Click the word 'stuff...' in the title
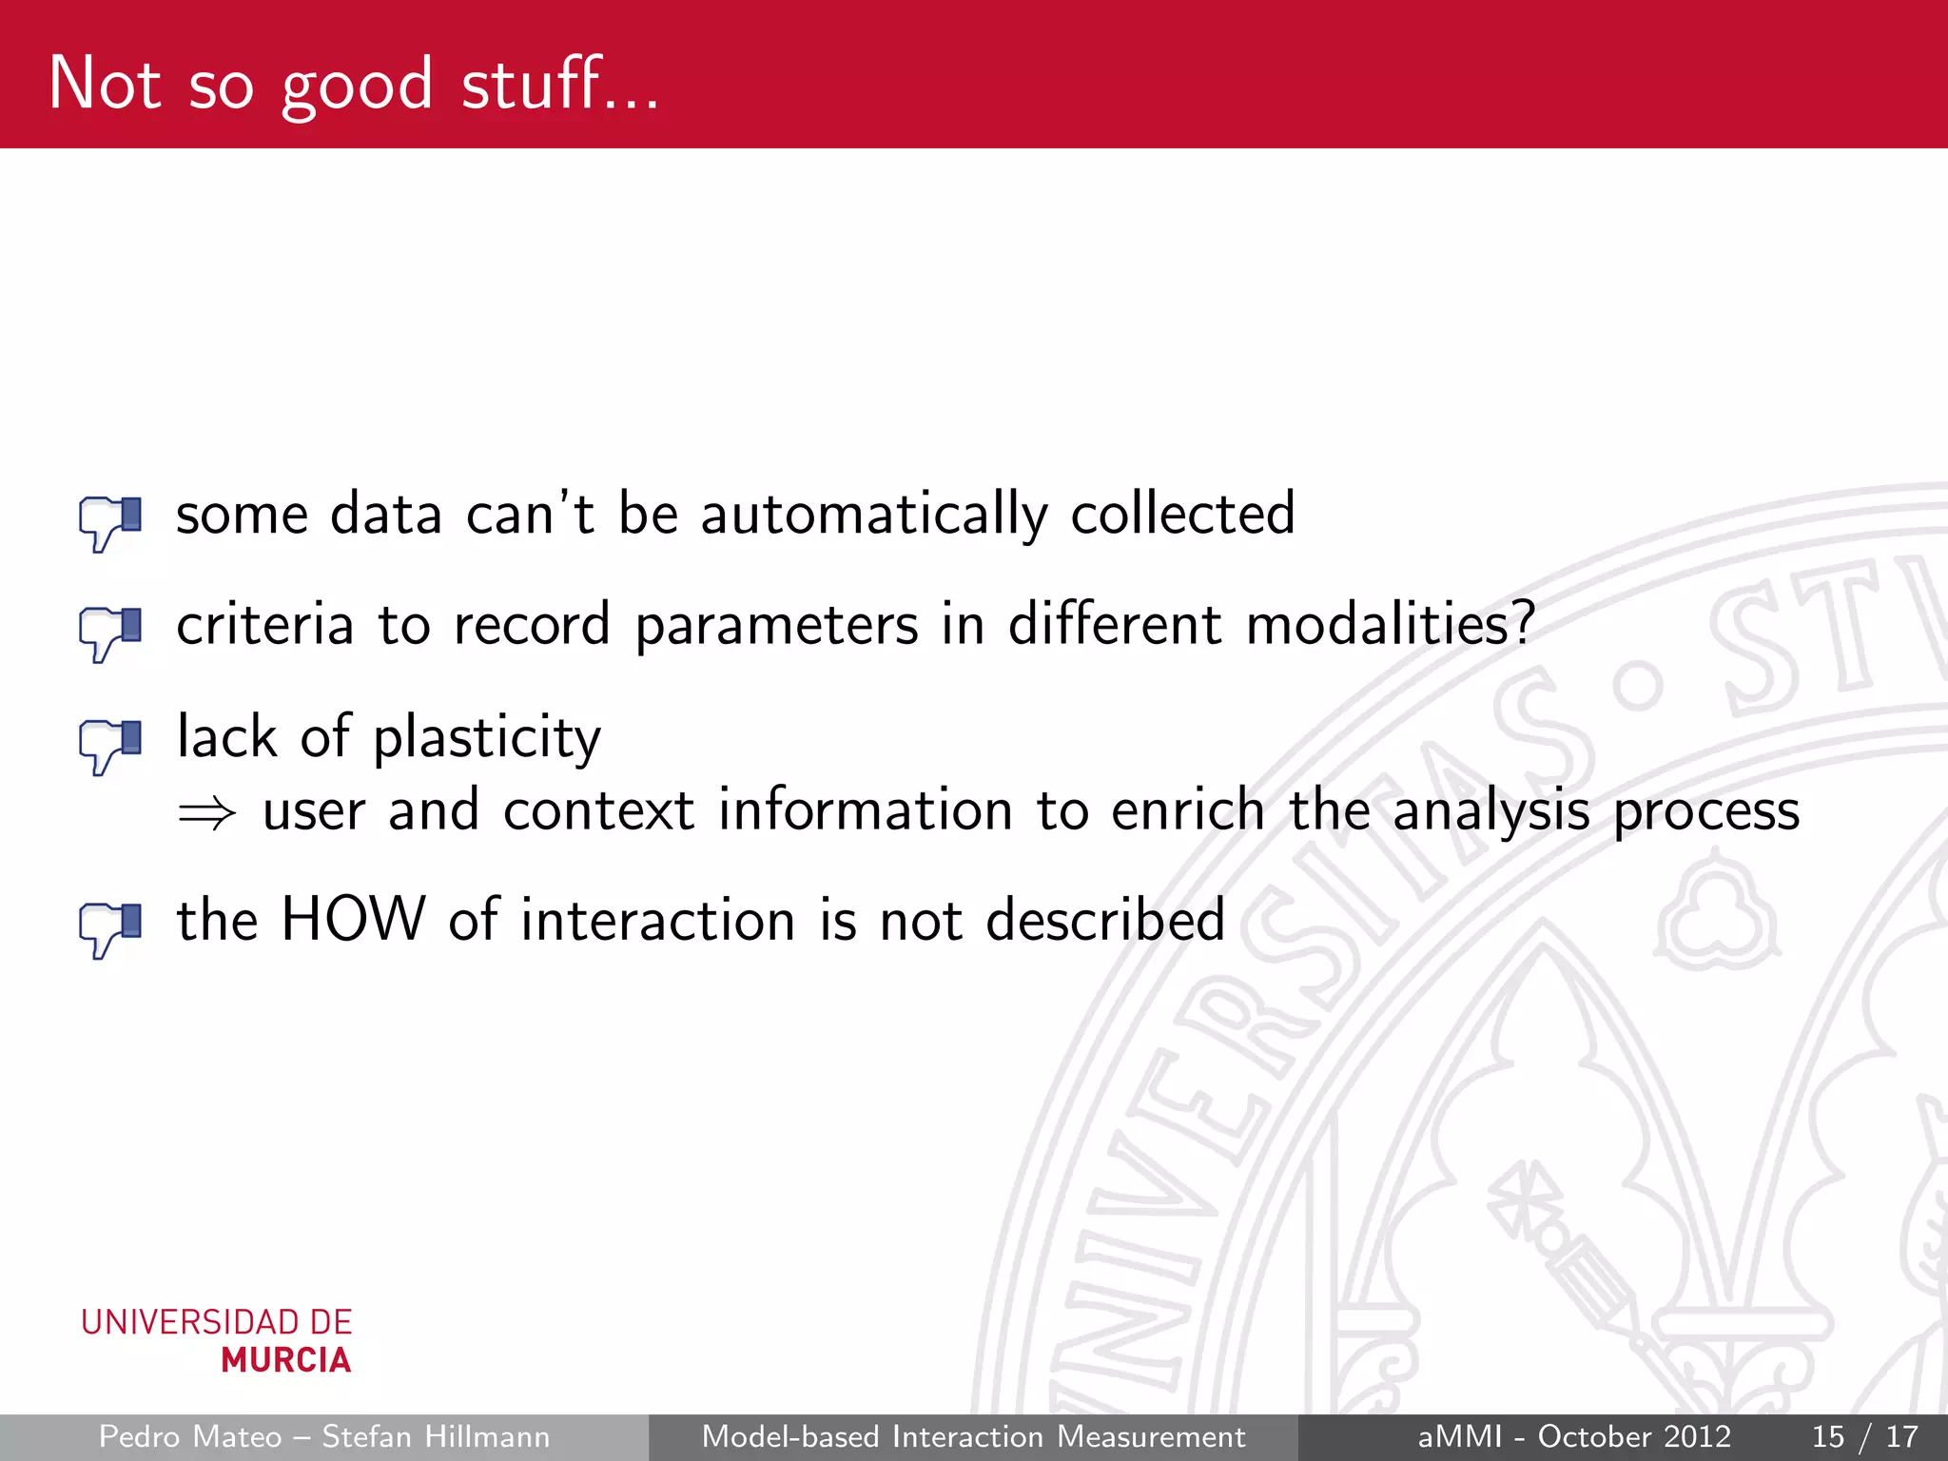pos(559,84)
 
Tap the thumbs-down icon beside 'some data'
pos(110,522)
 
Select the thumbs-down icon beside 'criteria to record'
pos(110,633)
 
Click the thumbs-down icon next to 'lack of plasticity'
pos(110,746)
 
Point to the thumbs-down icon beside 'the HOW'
pos(110,928)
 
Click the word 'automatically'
pos(874,516)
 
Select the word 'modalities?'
pos(1391,626)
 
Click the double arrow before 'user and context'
pos(206,813)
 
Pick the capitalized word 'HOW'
pos(353,921)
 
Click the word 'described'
pos(1105,921)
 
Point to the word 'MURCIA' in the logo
pos(285,1361)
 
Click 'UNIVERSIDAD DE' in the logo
pos(217,1322)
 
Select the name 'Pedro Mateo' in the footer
pos(190,1436)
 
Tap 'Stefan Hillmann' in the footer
pos(436,1436)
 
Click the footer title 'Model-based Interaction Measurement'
pos(973,1436)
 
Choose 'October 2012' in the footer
pos(1634,1436)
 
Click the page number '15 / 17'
pos(1864,1436)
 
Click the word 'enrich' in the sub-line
pos(1187,811)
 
